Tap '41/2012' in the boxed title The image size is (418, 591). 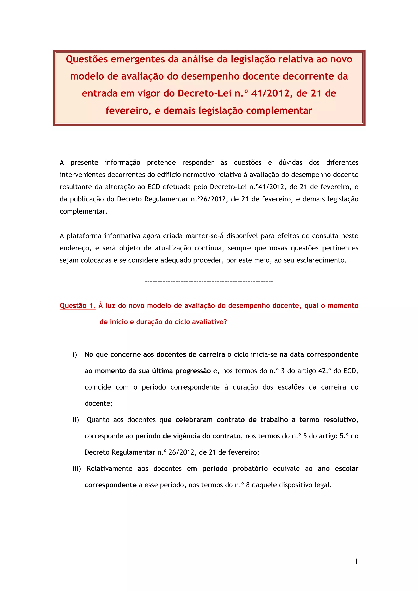tap(271, 93)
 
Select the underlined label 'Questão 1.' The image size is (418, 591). tap(78, 305)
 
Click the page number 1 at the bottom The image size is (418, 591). tap(356, 562)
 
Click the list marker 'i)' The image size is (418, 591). tap(75, 355)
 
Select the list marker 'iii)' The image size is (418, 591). tap(77, 469)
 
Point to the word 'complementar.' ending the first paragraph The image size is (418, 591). tap(83, 212)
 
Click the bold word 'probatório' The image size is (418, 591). tap(250, 469)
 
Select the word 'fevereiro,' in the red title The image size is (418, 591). tap(128, 111)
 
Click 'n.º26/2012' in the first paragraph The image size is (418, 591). tap(209, 199)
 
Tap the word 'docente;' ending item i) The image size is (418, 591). tap(98, 403)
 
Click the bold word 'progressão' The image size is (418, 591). tap(193, 371)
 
